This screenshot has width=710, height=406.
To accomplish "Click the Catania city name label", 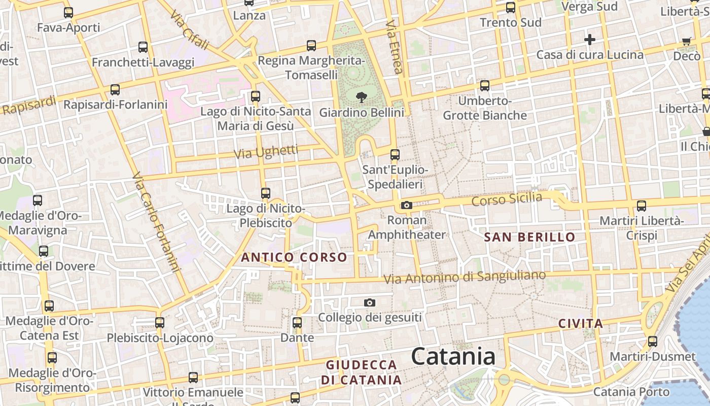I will coord(453,356).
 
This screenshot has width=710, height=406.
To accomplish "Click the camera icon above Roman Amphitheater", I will coord(406,205).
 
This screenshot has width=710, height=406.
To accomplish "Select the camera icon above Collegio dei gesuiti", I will coord(370,302).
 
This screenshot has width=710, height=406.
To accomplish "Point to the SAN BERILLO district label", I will coord(529,237).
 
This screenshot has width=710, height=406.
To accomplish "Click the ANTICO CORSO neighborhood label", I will coord(294,257).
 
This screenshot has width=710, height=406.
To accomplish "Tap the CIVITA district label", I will coord(581,323).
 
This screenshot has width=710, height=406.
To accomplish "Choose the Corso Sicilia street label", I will coord(507,199).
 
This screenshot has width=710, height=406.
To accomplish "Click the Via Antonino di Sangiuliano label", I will coord(465,277).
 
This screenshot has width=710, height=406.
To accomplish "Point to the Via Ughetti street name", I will coord(266,152).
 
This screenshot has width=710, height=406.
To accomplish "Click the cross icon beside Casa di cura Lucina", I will coord(589,39).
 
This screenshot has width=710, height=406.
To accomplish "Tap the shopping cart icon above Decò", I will coord(687,41).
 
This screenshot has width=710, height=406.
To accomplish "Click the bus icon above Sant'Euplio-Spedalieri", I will coord(395,154).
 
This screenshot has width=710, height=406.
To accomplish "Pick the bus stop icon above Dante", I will coord(297,322).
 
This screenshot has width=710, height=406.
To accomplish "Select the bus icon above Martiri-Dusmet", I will coord(652,341).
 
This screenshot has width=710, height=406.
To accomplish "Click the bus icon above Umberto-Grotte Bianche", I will coord(485,85).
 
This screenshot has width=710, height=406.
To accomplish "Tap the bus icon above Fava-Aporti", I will coord(68,12).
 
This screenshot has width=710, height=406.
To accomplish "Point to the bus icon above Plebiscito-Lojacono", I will coord(160,322).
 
